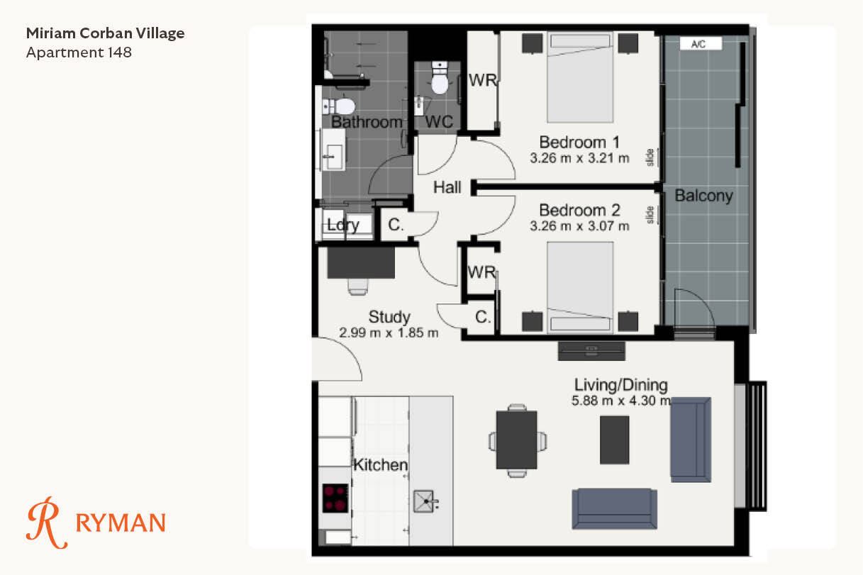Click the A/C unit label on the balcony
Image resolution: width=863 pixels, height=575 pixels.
coord(701,44)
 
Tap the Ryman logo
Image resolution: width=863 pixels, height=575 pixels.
coord(96,523)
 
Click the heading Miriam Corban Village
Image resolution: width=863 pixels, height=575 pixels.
coord(105,33)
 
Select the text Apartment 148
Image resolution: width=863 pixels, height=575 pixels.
coord(79,52)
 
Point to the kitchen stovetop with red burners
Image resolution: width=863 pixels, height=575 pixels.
coord(335,498)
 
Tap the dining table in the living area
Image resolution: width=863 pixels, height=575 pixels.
coord(517,440)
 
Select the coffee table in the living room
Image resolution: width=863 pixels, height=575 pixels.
coord(615,440)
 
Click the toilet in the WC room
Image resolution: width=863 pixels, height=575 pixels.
coord(440,78)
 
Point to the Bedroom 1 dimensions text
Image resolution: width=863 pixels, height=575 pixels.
coord(579,158)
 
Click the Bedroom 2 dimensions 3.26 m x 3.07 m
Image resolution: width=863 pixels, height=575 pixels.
coord(579,226)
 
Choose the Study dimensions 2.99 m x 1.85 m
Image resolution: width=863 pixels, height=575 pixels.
coord(389,333)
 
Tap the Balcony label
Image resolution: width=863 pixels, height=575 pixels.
coord(704,196)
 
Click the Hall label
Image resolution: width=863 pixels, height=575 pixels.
coord(447,188)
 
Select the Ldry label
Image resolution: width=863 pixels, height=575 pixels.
coord(343,225)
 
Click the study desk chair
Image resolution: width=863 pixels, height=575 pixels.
coord(358,286)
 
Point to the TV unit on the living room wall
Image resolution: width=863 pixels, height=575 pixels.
coord(591,351)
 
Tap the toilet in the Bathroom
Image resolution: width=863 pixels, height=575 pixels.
coord(339,106)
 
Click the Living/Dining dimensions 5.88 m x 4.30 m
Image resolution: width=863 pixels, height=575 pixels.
coord(621,401)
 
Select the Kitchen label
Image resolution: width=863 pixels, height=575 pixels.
coord(381,465)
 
